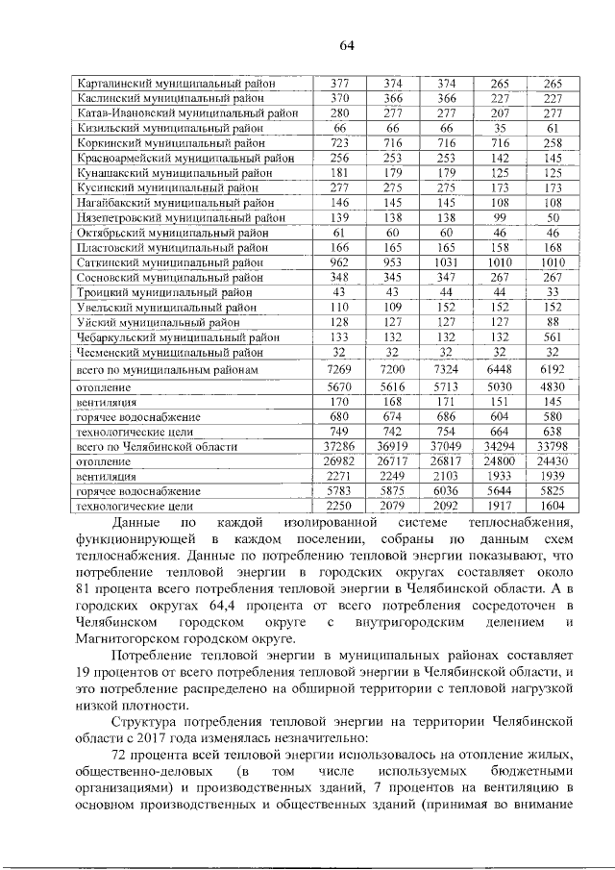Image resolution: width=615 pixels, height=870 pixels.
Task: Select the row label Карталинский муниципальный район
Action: pyautogui.click(x=177, y=84)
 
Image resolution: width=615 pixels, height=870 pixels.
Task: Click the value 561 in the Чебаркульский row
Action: pyautogui.click(x=551, y=337)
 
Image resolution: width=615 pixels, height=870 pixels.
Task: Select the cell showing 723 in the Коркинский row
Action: pyautogui.click(x=339, y=141)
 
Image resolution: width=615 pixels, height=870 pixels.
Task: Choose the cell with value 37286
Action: pyautogui.click(x=339, y=447)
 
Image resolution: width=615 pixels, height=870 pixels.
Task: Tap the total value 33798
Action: pyautogui.click(x=551, y=447)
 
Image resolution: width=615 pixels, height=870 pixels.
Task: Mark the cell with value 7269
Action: pyautogui.click(x=339, y=369)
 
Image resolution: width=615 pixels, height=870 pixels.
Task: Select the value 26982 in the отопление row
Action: pyautogui.click(x=339, y=461)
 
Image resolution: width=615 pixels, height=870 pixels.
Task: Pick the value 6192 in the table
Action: pyautogui.click(x=551, y=369)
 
